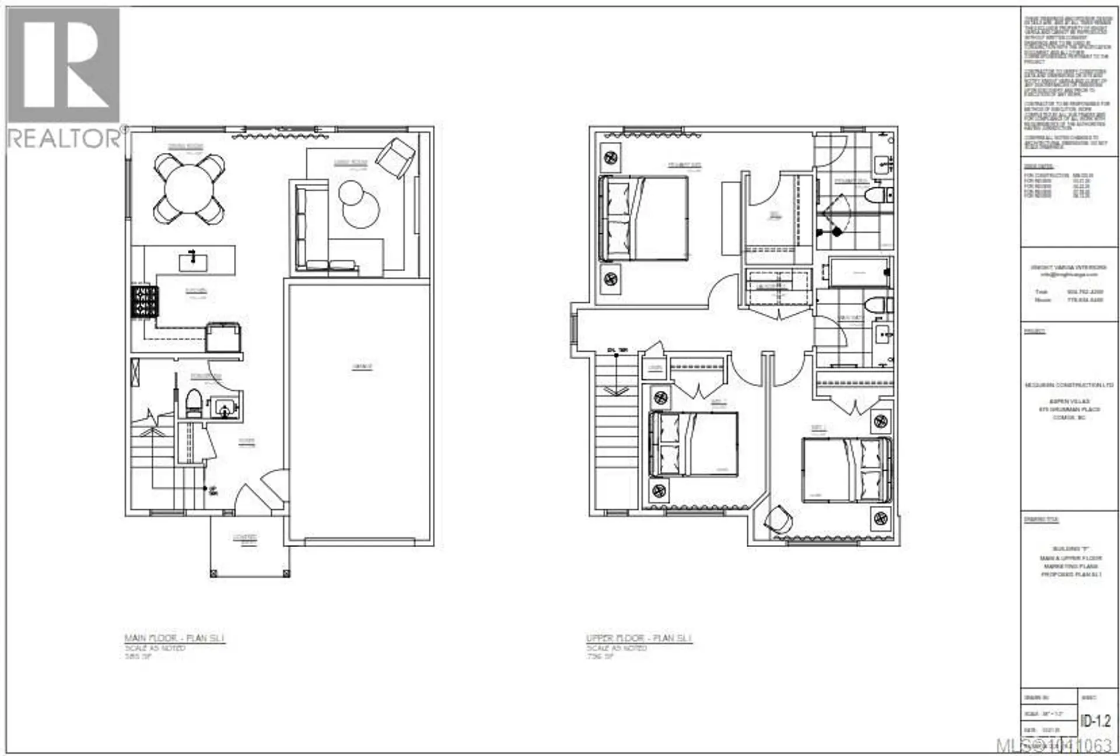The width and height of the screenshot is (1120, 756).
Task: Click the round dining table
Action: coord(189,188)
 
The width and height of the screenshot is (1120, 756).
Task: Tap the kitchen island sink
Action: coord(192,261)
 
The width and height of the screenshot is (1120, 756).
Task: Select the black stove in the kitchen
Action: coord(144,301)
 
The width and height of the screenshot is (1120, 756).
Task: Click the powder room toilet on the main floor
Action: coord(193,403)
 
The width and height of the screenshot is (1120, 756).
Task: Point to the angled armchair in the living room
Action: coord(395,156)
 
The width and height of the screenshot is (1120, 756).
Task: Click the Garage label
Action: coord(362,367)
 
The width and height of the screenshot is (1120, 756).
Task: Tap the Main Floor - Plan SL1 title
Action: coord(174,638)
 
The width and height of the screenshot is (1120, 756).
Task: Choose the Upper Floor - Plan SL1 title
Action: coord(639,638)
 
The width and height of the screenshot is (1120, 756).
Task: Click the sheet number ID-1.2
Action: coord(1095,721)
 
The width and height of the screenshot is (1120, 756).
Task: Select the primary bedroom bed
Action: coord(644,218)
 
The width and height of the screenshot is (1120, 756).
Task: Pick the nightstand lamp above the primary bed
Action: coord(611,157)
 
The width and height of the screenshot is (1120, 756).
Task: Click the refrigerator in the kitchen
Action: coord(223,337)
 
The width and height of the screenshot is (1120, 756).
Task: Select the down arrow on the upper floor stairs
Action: coord(616,390)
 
